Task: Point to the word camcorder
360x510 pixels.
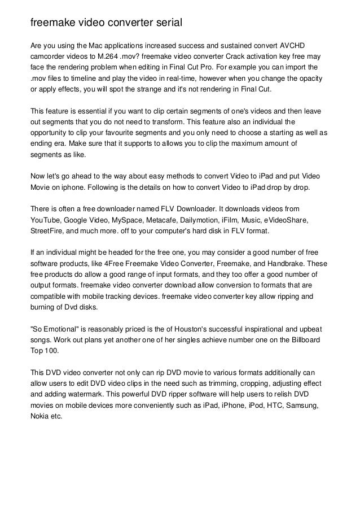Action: click(x=49, y=57)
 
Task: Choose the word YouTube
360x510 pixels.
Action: click(x=46, y=219)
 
